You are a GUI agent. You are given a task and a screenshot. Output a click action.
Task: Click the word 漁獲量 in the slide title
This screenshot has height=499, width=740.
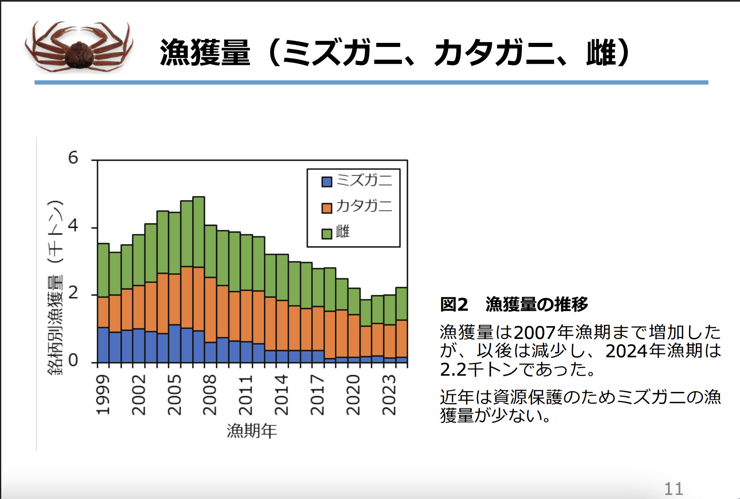[x=205, y=53]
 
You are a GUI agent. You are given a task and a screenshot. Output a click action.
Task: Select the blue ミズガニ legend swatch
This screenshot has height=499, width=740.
[x=327, y=182]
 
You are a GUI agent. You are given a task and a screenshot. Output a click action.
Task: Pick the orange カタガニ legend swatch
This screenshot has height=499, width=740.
[x=327, y=208]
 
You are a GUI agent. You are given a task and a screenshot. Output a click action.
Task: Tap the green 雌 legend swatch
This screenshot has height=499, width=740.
[x=327, y=234]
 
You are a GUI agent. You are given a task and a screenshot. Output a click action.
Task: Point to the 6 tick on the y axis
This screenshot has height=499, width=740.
[x=73, y=158]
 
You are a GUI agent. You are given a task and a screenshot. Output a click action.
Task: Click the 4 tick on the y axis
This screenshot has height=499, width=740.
[x=73, y=225]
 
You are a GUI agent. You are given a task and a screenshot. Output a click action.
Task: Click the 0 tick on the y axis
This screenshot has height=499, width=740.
[x=73, y=361]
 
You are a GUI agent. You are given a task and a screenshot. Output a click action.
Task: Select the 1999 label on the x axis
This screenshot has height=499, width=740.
[x=103, y=395]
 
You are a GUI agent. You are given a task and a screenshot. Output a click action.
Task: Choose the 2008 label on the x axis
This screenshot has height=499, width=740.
[x=210, y=395]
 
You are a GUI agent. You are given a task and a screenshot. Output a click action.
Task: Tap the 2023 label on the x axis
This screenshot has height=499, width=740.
[x=389, y=395]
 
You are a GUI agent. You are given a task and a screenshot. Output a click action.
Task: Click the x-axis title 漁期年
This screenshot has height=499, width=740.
[x=252, y=431]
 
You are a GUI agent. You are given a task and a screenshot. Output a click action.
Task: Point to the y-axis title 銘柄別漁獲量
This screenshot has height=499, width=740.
[x=56, y=325]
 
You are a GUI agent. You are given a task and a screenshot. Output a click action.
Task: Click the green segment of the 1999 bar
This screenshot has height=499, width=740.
[x=103, y=270]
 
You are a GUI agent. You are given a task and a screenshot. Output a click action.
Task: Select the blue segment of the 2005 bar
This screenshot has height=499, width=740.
[x=175, y=343]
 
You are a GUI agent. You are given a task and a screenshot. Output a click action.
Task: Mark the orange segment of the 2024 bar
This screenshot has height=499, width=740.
[x=402, y=339]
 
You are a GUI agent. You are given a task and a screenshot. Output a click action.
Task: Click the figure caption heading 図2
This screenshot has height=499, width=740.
[x=454, y=304]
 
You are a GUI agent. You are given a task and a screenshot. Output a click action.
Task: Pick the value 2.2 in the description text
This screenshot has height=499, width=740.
[x=453, y=370]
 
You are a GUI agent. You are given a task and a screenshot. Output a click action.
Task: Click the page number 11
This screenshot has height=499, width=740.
[x=673, y=489]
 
